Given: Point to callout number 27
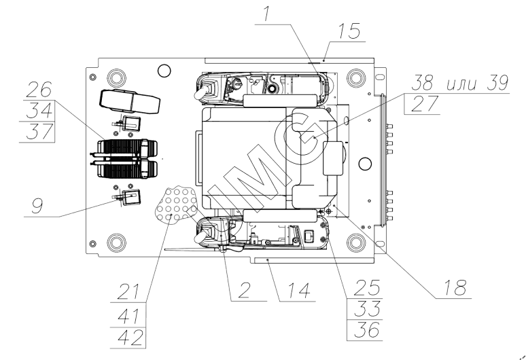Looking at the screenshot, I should pos(420,103).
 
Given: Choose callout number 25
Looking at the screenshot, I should pos(362,285).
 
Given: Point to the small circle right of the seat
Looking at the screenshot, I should pos(365,162).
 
